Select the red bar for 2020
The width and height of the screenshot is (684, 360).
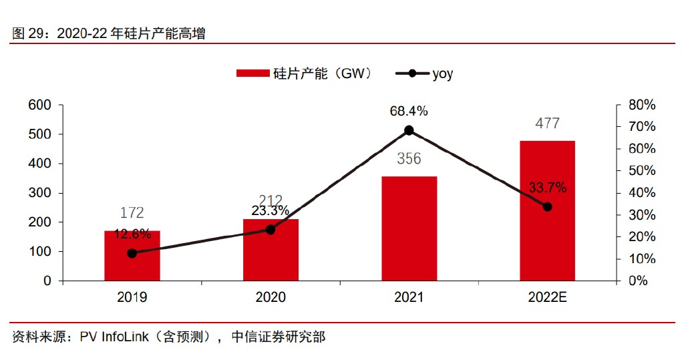pos(271,250)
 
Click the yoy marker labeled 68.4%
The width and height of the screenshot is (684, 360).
pos(409,130)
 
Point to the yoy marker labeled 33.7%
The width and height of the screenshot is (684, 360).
pos(547,207)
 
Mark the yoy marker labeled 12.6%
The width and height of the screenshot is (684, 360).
pos(132,253)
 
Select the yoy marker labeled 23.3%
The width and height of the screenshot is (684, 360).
pos(271,229)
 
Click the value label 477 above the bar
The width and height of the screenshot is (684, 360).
pos(547,124)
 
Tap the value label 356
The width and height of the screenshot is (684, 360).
pos(409,159)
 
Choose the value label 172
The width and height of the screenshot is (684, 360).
pos(132,213)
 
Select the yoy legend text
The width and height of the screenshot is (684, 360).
pos(442,74)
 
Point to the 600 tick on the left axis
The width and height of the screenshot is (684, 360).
pos(39,105)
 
